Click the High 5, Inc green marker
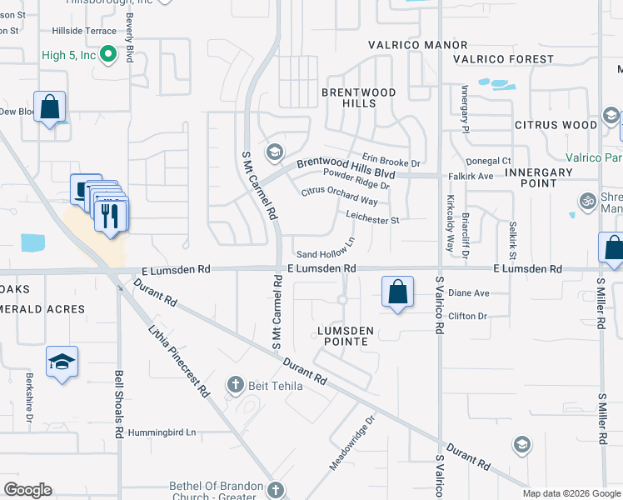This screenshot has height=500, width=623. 107,57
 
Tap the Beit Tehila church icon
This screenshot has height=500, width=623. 237,384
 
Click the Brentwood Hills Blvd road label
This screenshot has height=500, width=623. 346,167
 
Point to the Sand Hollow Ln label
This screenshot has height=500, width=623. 326,248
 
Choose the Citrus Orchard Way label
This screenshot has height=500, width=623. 339,196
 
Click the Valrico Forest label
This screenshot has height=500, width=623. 503,59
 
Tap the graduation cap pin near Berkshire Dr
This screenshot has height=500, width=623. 62,362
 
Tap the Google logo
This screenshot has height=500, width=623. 27,490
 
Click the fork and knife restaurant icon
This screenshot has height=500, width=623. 111,216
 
